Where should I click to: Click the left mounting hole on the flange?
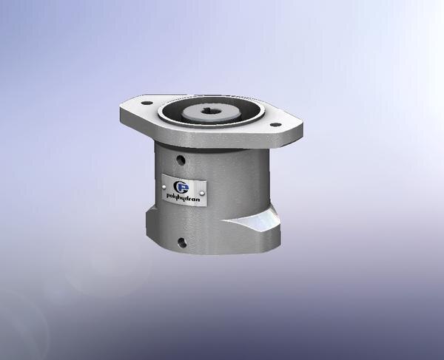click(x=146, y=103)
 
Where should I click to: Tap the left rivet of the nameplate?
click(x=166, y=189)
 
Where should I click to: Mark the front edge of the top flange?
click(x=215, y=140)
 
